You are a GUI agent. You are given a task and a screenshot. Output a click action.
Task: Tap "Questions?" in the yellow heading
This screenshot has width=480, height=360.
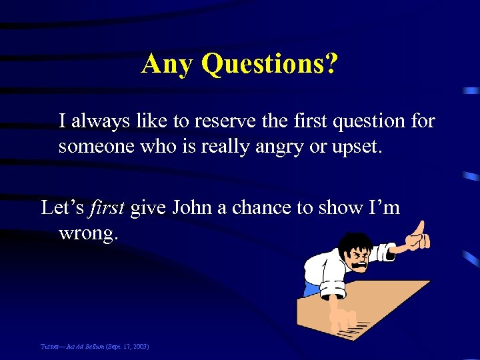click(269, 64)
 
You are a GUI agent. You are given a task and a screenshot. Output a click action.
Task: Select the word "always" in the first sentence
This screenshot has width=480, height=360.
click(101, 121)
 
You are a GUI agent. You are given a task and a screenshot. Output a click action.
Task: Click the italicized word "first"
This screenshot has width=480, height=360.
click(107, 207)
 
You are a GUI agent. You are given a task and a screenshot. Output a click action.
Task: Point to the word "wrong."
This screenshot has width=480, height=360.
click(89, 233)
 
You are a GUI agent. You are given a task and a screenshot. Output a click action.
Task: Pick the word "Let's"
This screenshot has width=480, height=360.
click(62, 207)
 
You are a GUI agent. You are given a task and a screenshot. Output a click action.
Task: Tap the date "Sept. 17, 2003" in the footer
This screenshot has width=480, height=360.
click(126, 347)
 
